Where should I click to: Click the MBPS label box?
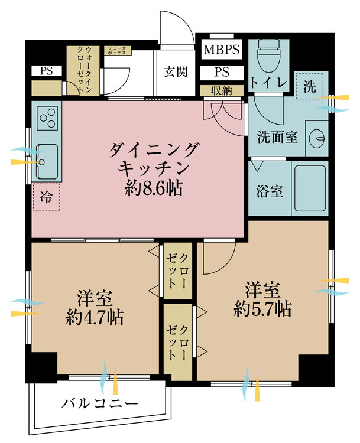pyautogui.click(x=222, y=50)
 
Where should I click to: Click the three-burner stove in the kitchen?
pyautogui.click(x=47, y=117)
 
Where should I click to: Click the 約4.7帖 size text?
pyautogui.click(x=94, y=318)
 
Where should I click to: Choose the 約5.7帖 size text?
pyautogui.click(x=262, y=308)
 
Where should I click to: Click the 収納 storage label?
pyautogui.click(x=221, y=90)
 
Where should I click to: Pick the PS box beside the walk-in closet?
pyautogui.click(x=46, y=71)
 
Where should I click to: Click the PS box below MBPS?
pyautogui.click(x=222, y=73)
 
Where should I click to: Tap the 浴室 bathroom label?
pyautogui.click(x=269, y=192)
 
